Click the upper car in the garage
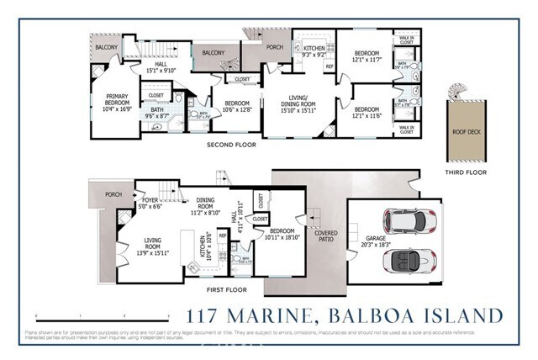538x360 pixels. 409,222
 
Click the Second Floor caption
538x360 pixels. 230,145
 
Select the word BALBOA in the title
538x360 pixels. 370,315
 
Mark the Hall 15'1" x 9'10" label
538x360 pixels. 158,68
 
